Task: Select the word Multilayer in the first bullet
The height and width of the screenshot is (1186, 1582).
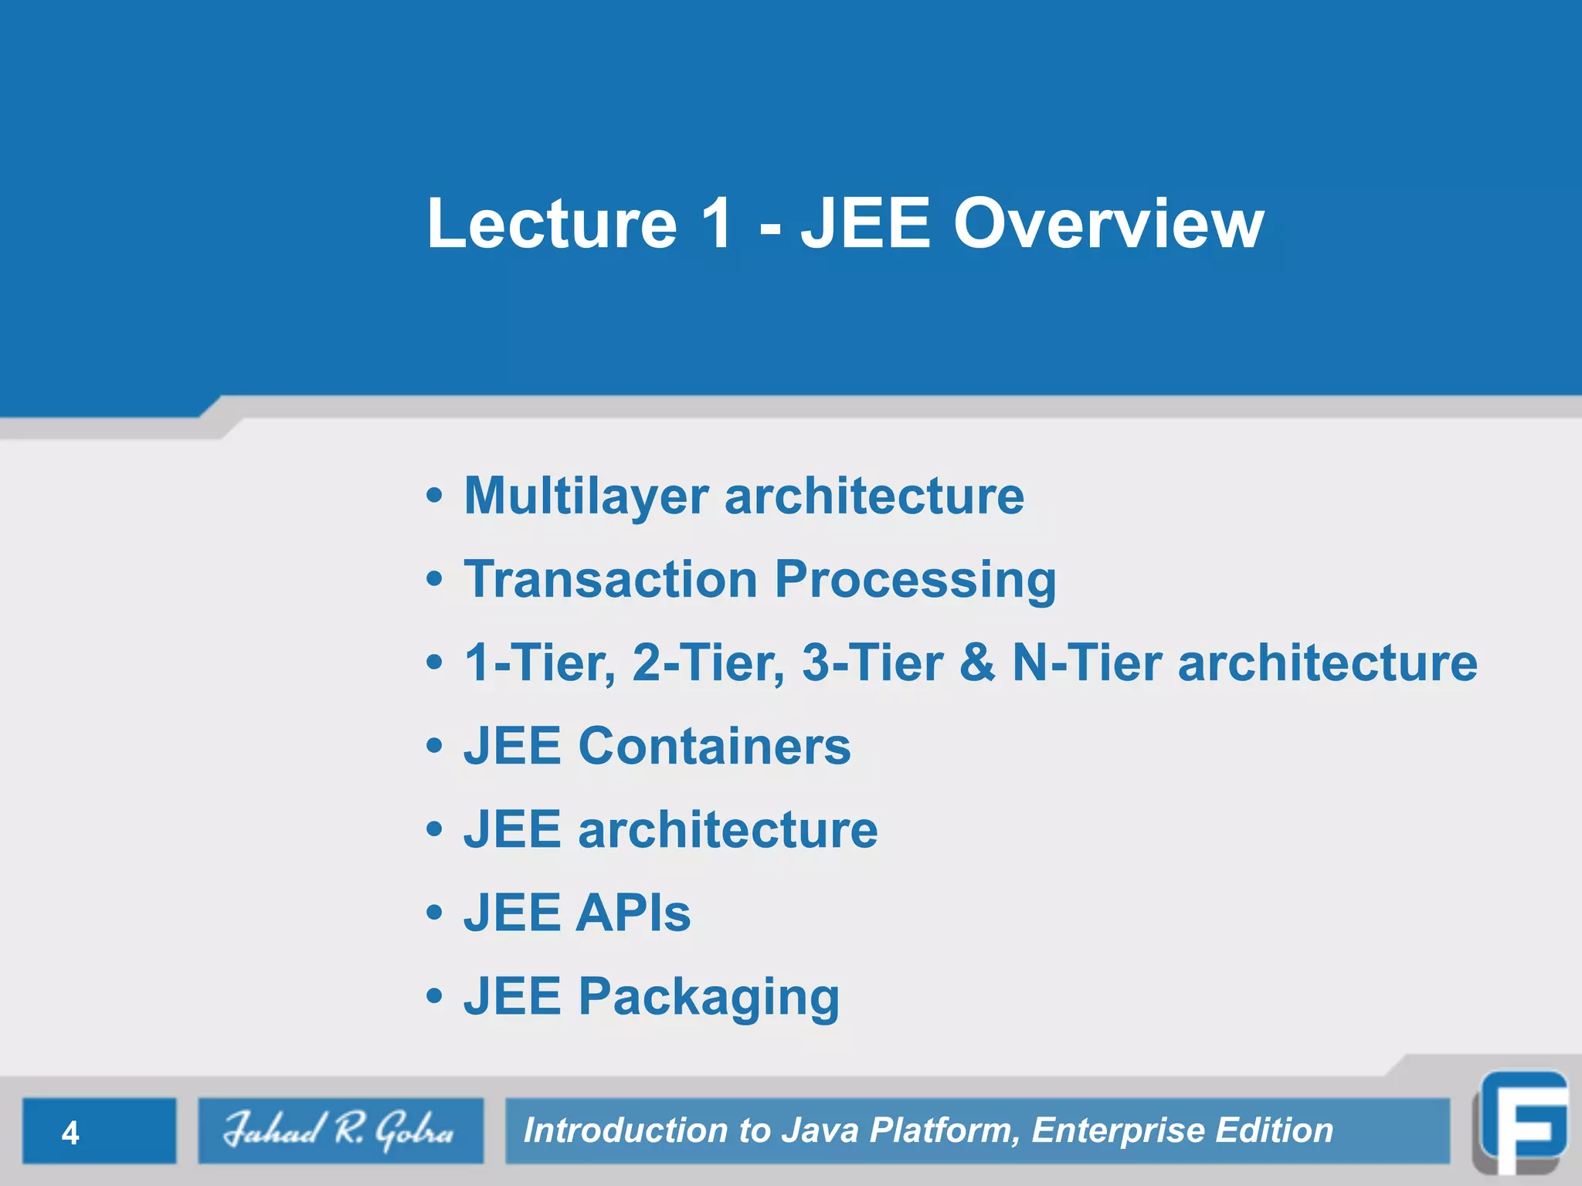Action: click(x=586, y=496)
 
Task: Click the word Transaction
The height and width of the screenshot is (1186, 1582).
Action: click(x=610, y=579)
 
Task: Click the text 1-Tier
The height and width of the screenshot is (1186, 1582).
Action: click(x=539, y=663)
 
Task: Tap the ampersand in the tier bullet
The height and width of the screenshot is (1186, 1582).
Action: click(x=976, y=663)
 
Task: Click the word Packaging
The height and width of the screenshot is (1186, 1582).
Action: click(x=708, y=998)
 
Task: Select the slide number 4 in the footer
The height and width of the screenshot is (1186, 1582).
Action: click(x=70, y=1133)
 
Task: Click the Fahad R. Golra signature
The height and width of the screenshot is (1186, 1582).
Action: click(x=339, y=1130)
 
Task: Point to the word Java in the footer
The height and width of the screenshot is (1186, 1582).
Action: click(x=820, y=1130)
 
